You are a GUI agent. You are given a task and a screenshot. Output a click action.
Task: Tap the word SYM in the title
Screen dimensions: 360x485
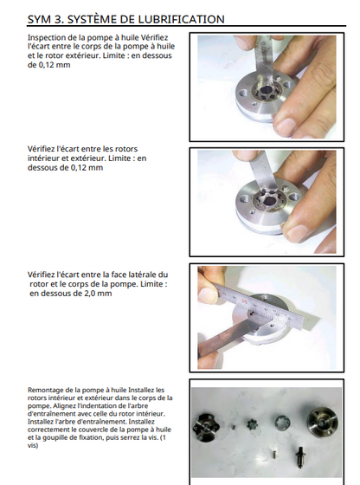point(39,19)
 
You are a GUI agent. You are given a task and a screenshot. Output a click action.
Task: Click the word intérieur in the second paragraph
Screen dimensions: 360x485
point(42,158)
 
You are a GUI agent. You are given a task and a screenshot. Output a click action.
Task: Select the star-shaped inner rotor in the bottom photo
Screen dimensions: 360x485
point(252,424)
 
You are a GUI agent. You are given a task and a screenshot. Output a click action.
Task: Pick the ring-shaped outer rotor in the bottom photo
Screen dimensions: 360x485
point(283,423)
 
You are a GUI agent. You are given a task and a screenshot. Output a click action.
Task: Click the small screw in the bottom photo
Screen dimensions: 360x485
point(274,455)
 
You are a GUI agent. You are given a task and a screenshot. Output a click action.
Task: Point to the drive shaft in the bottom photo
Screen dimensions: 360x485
point(300,457)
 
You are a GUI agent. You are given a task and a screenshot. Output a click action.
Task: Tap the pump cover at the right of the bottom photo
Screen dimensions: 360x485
point(323,422)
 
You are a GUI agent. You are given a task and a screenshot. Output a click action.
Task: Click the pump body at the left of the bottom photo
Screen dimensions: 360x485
point(208,427)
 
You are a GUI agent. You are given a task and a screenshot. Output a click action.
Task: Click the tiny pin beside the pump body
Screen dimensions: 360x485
point(234,427)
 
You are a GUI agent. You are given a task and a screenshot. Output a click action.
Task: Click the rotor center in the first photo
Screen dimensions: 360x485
point(265,91)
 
